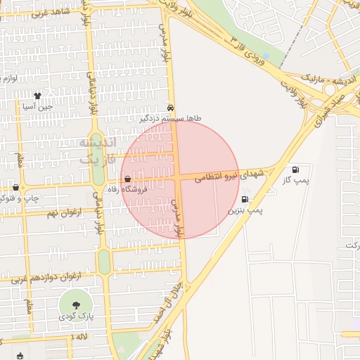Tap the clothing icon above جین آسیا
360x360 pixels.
[x=37, y=95]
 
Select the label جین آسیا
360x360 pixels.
[x=37, y=107]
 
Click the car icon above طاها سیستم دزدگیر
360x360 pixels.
[x=172, y=108]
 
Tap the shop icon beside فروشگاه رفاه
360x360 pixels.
[x=127, y=179]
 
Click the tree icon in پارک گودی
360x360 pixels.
[x=75, y=304]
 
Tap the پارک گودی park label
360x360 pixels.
[x=75, y=317]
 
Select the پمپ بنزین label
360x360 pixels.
[x=245, y=210]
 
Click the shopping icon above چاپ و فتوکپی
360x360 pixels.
[x=15, y=187]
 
